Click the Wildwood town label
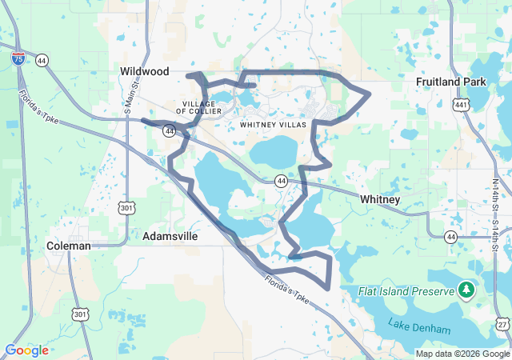[x=145, y=71]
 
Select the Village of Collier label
[x=197, y=108]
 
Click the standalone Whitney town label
[x=380, y=198]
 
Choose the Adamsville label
[x=170, y=237]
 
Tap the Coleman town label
[x=68, y=246]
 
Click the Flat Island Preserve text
[x=406, y=291]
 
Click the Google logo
[x=26, y=350]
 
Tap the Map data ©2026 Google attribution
[x=462, y=354]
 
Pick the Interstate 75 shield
[x=18, y=58]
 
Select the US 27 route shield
[x=502, y=323]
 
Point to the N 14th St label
[x=496, y=196]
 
